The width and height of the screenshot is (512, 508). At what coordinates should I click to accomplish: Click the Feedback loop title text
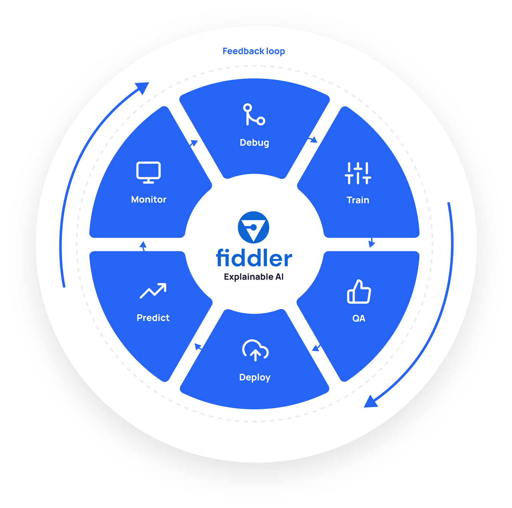click(253, 51)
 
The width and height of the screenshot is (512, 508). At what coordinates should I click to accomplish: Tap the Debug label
click(254, 143)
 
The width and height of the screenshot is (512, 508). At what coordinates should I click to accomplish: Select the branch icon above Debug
click(254, 114)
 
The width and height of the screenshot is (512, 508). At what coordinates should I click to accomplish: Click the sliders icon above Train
click(358, 173)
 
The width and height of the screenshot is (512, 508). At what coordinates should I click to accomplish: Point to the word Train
click(358, 200)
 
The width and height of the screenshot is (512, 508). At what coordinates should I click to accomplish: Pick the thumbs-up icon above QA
click(359, 291)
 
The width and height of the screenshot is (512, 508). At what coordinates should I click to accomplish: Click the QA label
click(359, 318)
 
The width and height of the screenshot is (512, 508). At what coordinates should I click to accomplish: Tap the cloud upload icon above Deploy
click(255, 350)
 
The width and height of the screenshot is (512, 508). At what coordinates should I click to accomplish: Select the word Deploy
click(254, 378)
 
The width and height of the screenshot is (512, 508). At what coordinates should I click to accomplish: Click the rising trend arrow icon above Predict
click(153, 291)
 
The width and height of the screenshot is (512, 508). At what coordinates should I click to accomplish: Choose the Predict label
click(153, 318)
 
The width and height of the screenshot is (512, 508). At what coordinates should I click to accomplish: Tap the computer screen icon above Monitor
click(148, 173)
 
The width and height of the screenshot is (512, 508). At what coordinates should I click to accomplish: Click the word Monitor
click(148, 200)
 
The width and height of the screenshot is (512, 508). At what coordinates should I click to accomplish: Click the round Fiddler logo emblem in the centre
click(253, 227)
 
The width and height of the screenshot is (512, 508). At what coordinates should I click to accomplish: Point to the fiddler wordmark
click(254, 257)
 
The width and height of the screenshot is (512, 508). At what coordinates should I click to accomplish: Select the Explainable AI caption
click(253, 277)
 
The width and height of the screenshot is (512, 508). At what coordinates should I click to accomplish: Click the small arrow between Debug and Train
click(313, 140)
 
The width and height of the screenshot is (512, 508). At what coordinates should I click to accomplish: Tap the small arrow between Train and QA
click(372, 242)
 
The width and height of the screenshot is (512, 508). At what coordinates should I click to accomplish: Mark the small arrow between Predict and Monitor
click(143, 246)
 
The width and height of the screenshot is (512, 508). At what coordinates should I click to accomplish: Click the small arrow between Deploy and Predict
click(198, 347)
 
